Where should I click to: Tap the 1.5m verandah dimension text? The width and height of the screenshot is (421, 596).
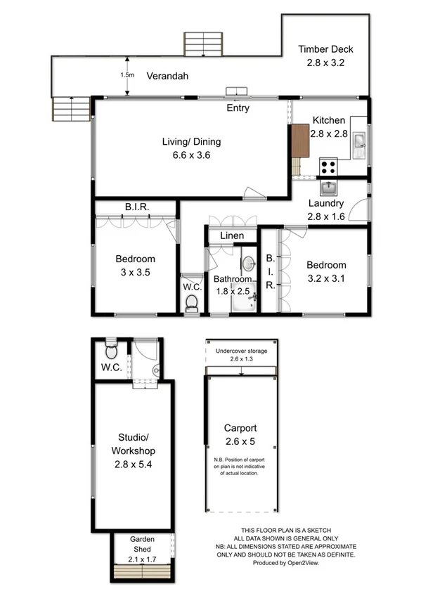coord(127,75)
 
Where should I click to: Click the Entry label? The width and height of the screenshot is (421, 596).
coord(238,108)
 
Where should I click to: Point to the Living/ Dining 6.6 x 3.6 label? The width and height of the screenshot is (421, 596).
coord(186,149)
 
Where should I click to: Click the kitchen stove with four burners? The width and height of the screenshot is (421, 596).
coord(328,167)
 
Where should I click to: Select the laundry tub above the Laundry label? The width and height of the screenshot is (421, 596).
coord(330,188)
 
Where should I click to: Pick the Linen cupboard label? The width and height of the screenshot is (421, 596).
coord(231,236)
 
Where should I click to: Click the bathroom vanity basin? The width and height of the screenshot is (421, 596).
coord(249,265)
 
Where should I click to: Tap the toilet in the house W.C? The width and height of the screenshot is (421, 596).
coord(190,302)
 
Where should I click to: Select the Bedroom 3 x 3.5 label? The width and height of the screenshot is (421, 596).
coord(135,266)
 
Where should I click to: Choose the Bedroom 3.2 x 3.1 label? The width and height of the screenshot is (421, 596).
coord(326,272)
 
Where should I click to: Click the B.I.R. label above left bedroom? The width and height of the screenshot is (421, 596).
coord(136,207)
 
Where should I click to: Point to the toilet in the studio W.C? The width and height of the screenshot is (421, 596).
coord(110,349)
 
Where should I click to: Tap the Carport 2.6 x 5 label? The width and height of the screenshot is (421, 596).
coord(240,434)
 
